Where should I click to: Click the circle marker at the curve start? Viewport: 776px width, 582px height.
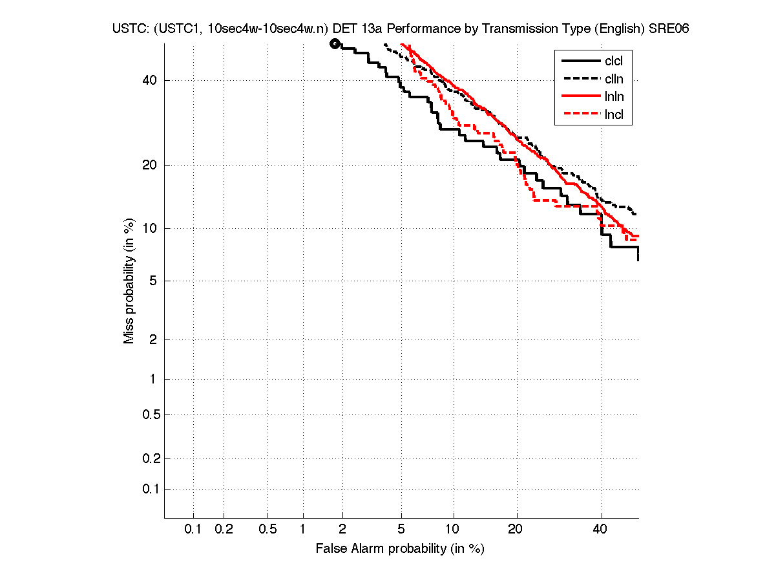pos(335,44)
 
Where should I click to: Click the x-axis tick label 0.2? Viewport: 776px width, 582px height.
pos(224,530)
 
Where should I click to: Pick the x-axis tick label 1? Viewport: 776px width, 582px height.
pos(303,530)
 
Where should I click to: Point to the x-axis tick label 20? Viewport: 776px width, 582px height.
pos(515,530)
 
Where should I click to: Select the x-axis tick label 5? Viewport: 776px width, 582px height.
pos(401,530)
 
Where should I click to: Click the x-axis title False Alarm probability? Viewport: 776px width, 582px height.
pos(399,549)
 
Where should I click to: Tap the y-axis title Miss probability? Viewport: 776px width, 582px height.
pos(130,280)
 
